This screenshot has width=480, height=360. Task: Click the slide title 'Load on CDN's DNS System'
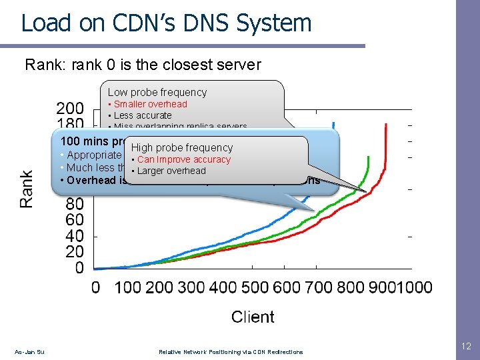[x=166, y=23]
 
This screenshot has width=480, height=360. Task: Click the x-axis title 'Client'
[x=253, y=317]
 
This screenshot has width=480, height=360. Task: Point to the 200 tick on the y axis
[x=70, y=108]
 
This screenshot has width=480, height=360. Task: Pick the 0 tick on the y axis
[x=79, y=268]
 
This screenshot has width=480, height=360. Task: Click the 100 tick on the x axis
[x=127, y=287]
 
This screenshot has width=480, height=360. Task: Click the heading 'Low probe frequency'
[x=157, y=93]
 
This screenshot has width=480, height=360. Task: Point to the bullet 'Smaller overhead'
[x=150, y=104]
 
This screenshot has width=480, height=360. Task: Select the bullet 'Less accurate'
[x=142, y=115]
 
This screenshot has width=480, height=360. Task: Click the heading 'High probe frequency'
[x=182, y=148]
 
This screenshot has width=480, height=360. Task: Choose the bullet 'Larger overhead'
[x=171, y=171]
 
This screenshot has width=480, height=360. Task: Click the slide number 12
[x=465, y=347]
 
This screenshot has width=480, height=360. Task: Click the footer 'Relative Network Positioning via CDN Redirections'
[x=230, y=351]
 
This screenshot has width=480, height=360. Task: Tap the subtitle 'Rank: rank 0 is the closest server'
[x=143, y=65]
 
